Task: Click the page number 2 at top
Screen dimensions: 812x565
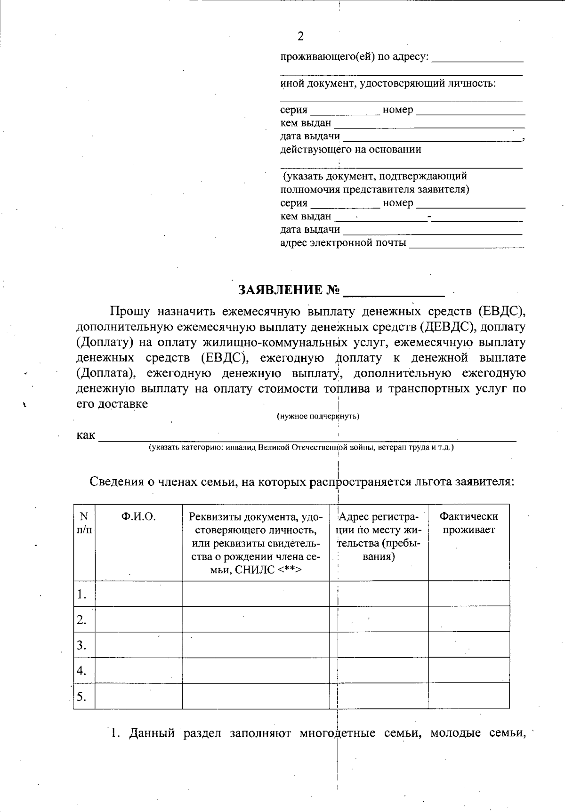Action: tap(300, 37)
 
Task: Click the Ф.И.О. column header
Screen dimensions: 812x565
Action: tap(138, 516)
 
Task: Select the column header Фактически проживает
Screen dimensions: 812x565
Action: tap(468, 523)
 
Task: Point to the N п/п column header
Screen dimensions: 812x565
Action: tap(84, 523)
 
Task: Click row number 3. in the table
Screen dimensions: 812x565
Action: tap(82, 645)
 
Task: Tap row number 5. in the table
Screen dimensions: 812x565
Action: tap(82, 696)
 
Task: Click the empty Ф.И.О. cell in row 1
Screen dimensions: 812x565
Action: tap(138, 594)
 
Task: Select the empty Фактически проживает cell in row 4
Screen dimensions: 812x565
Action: tap(468, 670)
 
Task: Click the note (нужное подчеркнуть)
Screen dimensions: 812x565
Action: tap(318, 416)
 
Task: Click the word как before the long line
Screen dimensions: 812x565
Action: tap(86, 435)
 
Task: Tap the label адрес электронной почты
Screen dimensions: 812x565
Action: tap(343, 243)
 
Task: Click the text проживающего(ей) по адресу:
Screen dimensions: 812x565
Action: tap(355, 57)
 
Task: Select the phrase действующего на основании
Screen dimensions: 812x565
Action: tap(351, 150)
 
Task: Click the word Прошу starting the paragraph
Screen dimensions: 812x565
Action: tap(130, 311)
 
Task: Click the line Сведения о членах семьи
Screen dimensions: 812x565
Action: tap(301, 482)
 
